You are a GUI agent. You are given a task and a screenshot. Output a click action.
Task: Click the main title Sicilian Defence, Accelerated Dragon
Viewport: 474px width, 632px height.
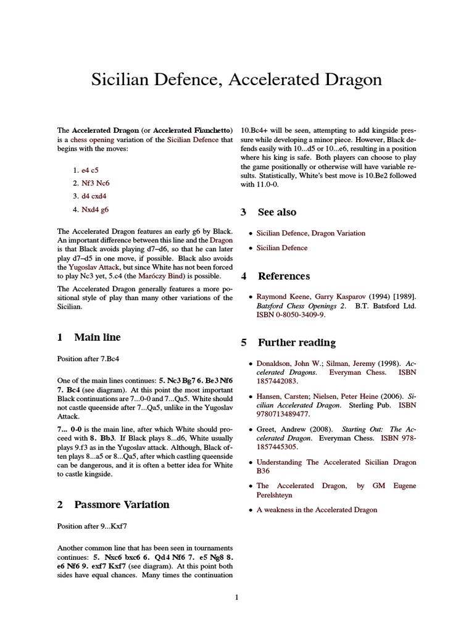(236, 80)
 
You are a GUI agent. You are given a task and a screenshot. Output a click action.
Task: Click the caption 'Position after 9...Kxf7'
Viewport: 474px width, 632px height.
(96, 526)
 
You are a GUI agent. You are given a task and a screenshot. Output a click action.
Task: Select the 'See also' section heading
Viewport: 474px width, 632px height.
(276, 212)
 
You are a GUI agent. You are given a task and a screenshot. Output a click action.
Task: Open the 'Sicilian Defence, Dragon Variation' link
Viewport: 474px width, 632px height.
(310, 233)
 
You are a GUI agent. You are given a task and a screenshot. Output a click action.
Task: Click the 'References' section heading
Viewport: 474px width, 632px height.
(283, 276)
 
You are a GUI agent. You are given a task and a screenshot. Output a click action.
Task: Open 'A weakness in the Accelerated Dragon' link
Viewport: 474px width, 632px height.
(317, 510)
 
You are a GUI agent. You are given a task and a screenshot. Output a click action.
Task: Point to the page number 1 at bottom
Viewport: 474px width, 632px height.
(236, 597)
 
